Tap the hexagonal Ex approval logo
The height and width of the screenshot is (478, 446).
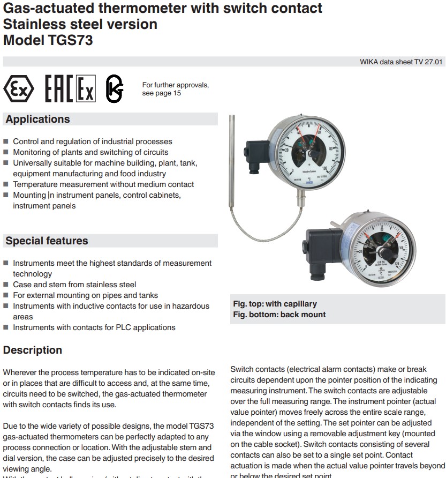click(x=19, y=88)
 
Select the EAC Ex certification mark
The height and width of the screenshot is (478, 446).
click(x=70, y=88)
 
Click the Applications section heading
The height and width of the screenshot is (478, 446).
click(x=37, y=119)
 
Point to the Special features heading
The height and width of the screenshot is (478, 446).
click(x=47, y=241)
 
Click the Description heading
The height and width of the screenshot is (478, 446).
click(x=33, y=350)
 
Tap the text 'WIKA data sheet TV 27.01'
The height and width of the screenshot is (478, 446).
click(x=401, y=62)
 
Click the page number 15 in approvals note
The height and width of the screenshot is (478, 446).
click(x=177, y=93)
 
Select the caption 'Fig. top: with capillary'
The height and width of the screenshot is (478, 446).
click(x=275, y=304)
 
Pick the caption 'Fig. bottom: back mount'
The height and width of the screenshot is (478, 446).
click(x=279, y=315)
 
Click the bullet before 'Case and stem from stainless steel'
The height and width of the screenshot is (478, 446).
click(x=6, y=285)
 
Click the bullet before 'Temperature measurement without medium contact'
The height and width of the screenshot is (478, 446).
click(x=6, y=184)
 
